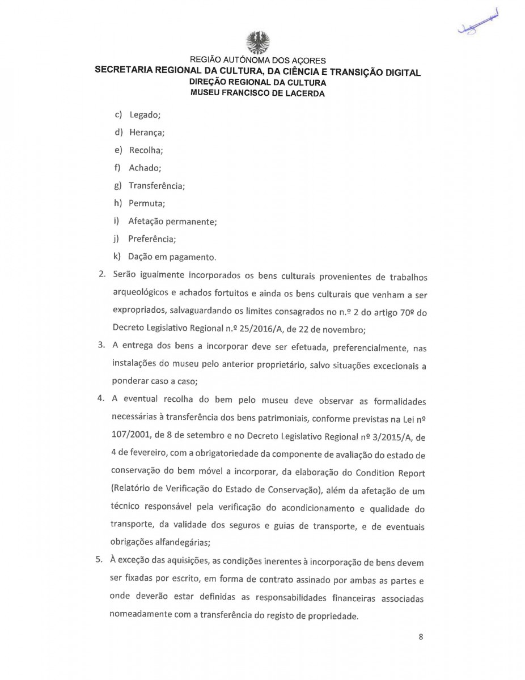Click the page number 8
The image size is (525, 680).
(x=421, y=636)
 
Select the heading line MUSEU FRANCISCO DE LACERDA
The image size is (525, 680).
(x=257, y=93)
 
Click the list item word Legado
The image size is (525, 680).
(x=145, y=114)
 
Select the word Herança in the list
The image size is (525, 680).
(x=147, y=133)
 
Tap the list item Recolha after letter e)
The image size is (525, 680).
(x=146, y=150)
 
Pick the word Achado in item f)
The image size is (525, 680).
(x=145, y=168)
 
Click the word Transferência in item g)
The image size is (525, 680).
(x=156, y=185)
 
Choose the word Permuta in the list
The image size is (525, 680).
(x=147, y=203)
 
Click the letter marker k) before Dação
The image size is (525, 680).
(x=116, y=256)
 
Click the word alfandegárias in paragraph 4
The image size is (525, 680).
(x=181, y=542)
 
